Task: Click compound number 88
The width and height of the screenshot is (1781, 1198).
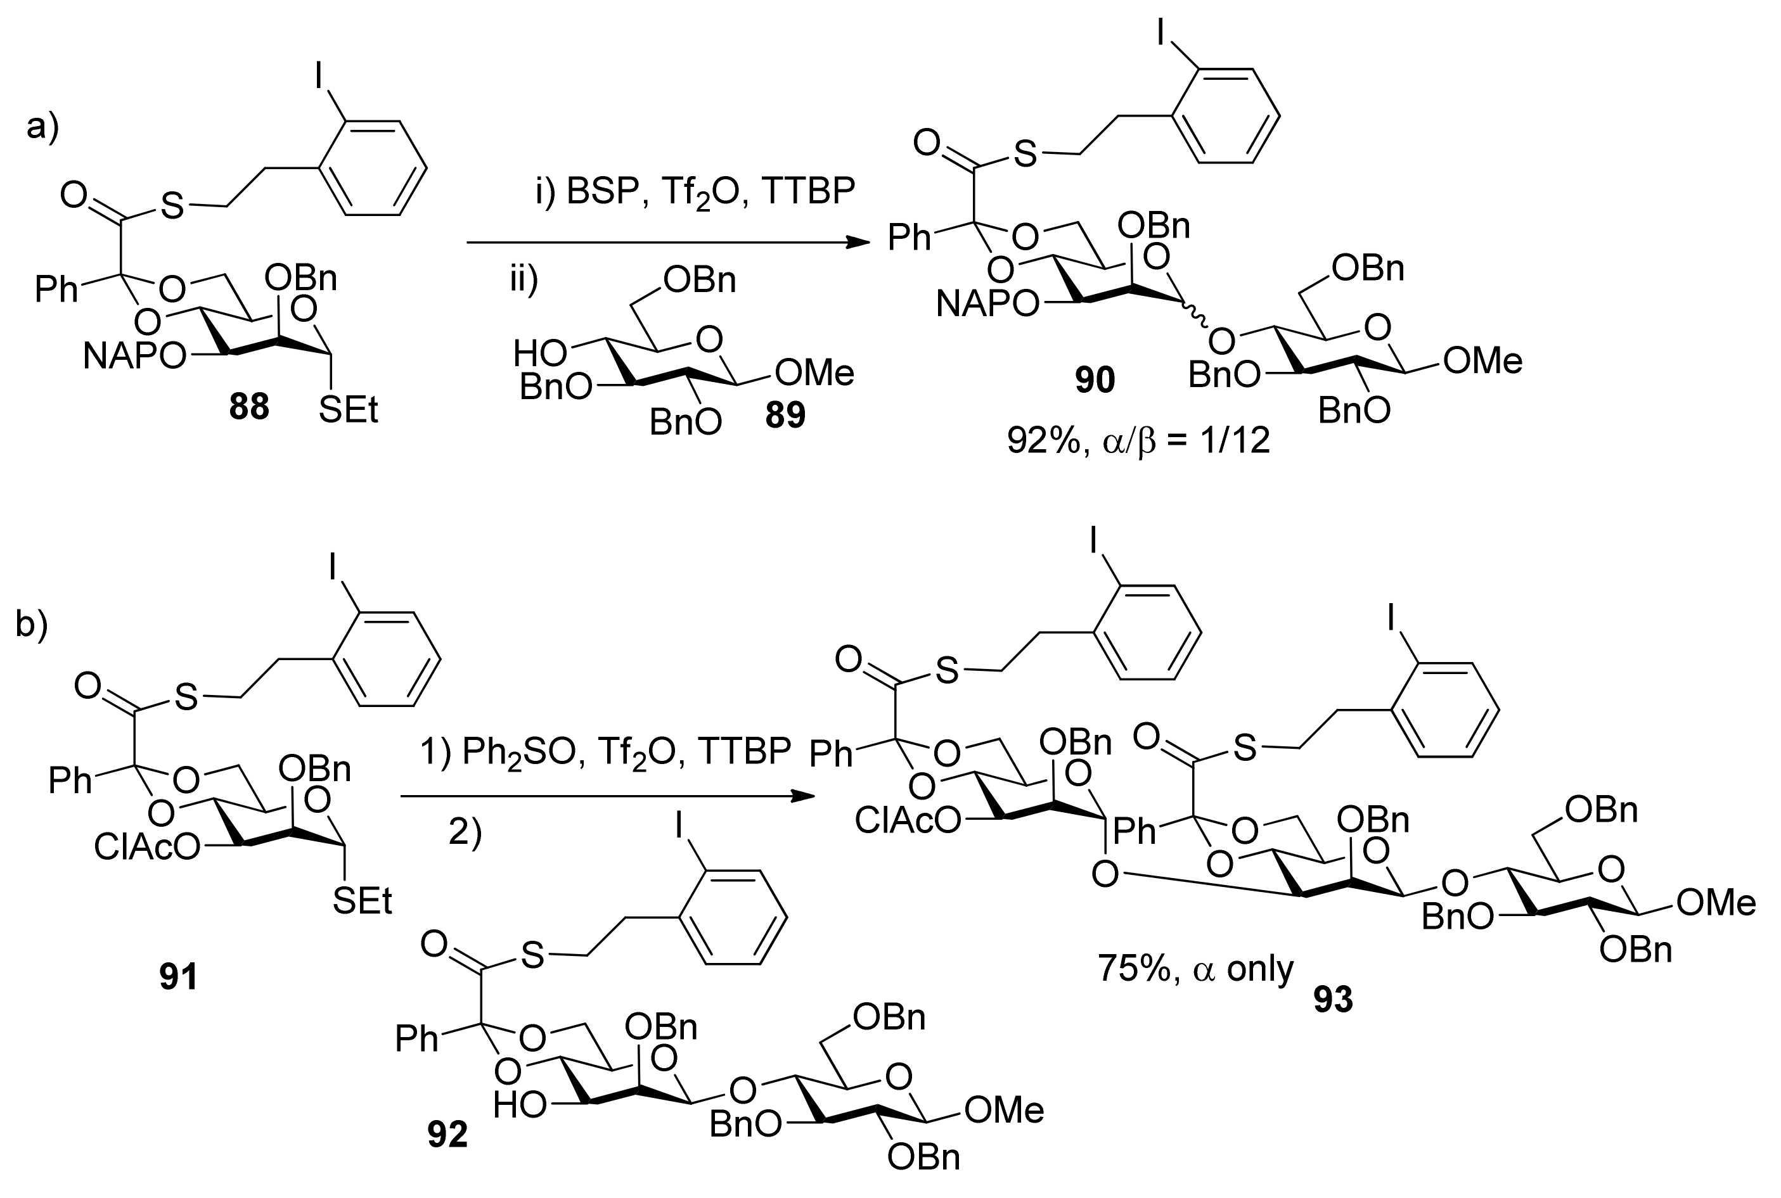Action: (x=249, y=407)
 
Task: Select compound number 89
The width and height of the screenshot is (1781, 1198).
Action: (x=785, y=416)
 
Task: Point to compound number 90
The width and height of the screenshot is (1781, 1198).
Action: (x=1095, y=379)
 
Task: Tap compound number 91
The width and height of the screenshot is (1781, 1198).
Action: (x=178, y=976)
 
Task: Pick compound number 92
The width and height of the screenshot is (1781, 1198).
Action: (x=447, y=1135)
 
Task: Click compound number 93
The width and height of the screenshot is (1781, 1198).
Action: (x=1333, y=999)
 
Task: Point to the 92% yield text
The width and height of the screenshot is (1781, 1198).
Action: (x=1041, y=441)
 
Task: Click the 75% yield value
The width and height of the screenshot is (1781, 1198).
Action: (x=1133, y=969)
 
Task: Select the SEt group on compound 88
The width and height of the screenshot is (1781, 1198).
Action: (x=349, y=411)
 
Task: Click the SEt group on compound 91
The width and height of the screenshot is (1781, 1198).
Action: (x=363, y=902)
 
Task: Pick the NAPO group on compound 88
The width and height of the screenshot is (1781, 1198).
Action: (x=134, y=356)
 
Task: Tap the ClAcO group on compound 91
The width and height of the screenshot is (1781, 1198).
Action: (x=147, y=846)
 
